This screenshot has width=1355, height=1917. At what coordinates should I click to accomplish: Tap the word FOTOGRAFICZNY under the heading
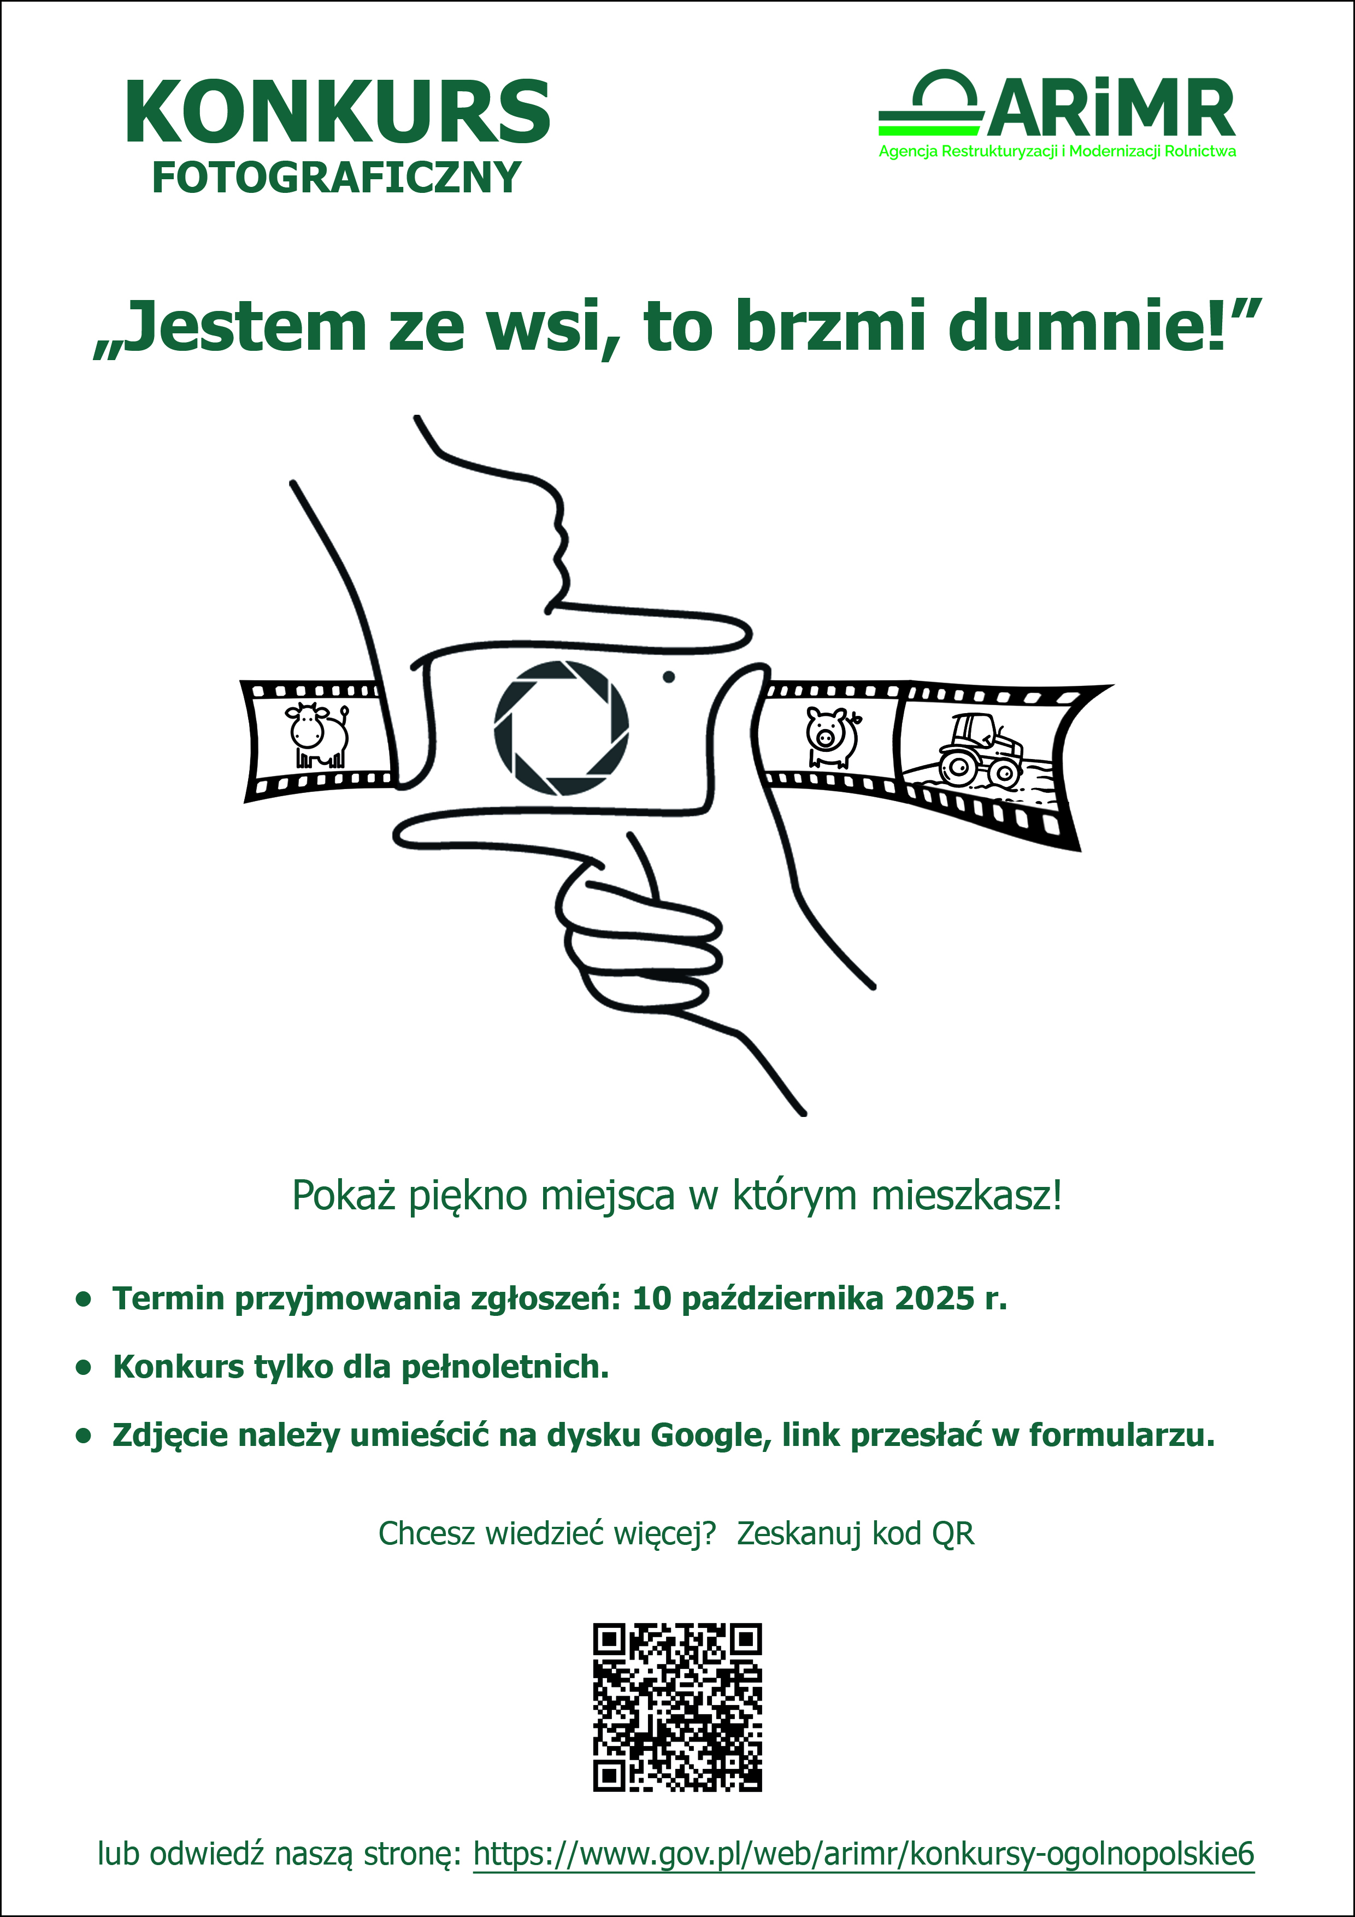(337, 178)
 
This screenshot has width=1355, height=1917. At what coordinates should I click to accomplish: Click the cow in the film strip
(318, 735)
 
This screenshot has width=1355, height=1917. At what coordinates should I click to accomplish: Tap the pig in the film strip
(832, 737)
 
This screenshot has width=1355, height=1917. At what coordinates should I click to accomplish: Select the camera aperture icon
(561, 727)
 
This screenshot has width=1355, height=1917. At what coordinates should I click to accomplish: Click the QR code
(677, 1708)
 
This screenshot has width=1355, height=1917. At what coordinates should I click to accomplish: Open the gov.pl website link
(863, 1854)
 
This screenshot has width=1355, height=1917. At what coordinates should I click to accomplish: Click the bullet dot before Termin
(83, 1299)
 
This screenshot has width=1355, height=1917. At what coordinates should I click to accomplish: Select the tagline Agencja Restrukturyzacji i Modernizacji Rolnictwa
(1057, 152)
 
